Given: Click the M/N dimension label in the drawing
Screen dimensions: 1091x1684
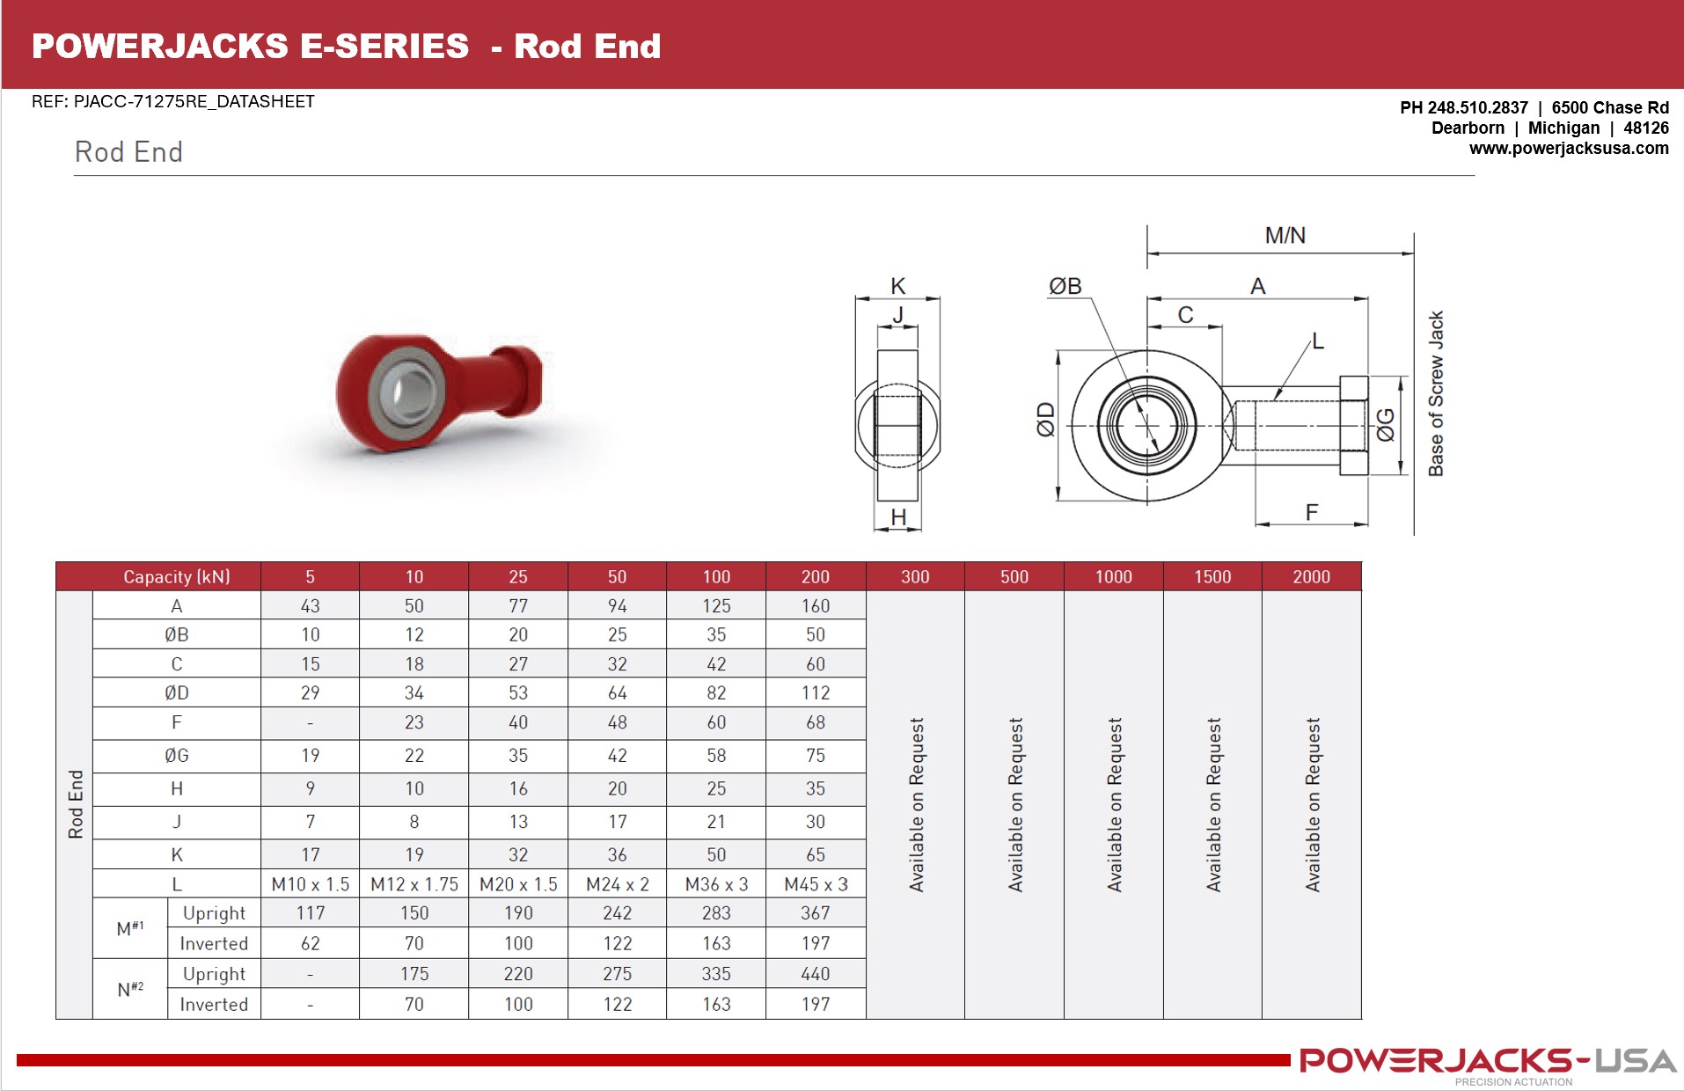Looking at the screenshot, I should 1285,236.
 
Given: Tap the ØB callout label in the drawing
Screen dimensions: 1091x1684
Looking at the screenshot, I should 1065,286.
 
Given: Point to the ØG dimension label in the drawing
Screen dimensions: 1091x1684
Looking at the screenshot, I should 1385,424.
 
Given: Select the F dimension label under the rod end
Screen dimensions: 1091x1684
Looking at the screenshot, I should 1311,512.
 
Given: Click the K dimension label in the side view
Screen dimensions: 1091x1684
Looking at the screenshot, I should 897,286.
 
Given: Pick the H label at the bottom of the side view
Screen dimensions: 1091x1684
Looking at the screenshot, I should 898,517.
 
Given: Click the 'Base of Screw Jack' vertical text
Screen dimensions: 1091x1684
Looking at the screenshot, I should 1436,393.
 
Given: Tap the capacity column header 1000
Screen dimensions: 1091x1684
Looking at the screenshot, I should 1113,576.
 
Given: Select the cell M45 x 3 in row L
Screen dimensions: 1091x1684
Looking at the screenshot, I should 816,884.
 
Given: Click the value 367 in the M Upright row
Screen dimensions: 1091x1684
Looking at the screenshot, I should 816,913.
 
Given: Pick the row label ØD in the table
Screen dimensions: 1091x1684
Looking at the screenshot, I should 176,692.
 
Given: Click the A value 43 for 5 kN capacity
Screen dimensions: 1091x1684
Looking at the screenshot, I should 310,606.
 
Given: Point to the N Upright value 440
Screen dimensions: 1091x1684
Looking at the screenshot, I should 816,974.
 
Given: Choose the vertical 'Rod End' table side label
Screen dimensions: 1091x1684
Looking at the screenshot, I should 76,804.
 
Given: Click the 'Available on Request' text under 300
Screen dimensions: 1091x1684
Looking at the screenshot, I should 916,804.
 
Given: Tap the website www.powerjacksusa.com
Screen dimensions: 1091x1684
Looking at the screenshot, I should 1568,148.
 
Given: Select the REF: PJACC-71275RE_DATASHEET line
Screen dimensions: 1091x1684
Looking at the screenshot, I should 172,101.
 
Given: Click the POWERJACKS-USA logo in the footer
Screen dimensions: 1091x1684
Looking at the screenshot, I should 1487,1062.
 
